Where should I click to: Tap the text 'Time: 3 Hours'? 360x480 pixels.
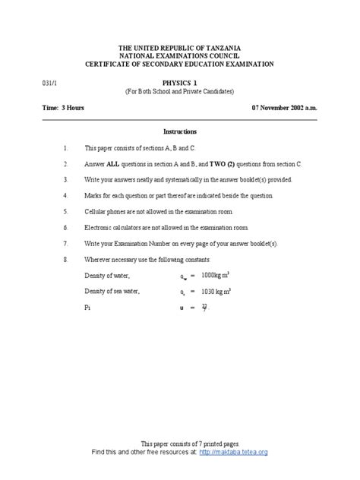click(x=63, y=109)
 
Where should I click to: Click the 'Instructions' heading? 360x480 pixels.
click(x=180, y=131)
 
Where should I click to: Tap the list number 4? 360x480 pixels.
click(x=66, y=195)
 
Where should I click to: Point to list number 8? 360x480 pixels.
click(x=66, y=259)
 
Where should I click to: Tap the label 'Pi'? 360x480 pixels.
click(x=87, y=308)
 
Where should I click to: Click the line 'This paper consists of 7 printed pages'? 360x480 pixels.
click(x=179, y=444)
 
